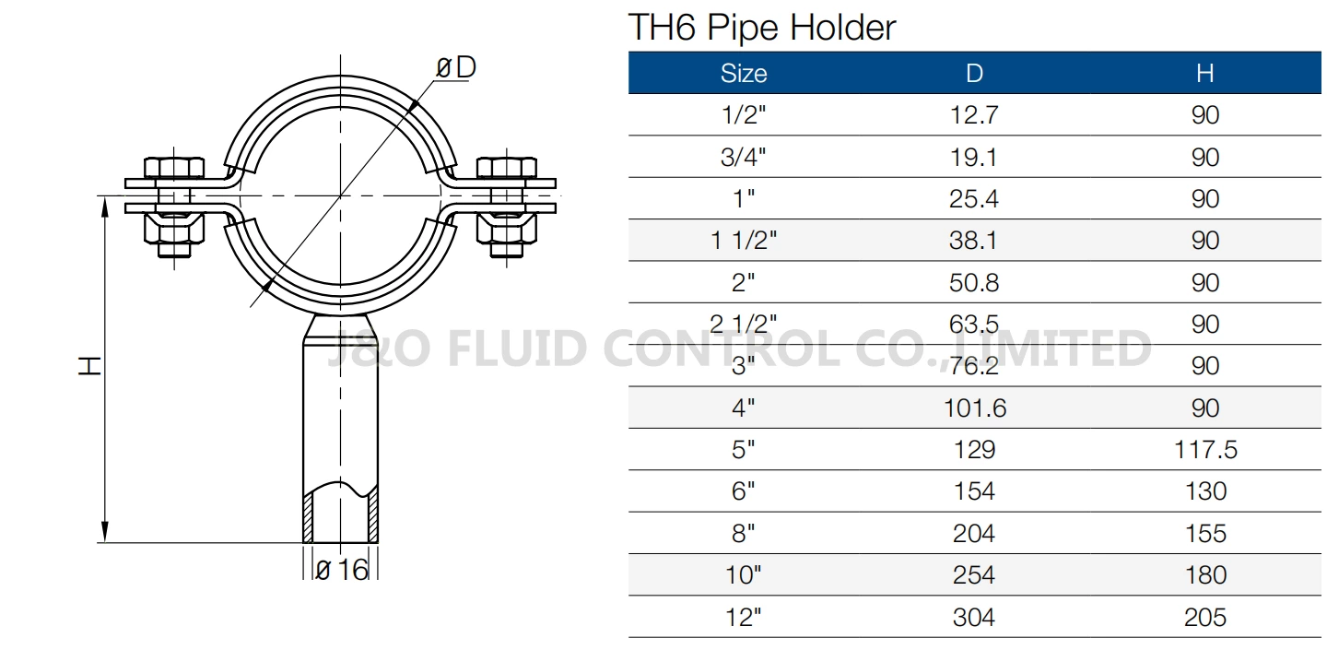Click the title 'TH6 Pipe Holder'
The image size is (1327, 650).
pyautogui.click(x=761, y=28)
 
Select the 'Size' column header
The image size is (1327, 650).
pyautogui.click(x=743, y=74)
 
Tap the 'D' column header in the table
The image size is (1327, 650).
pyautogui.click(x=974, y=74)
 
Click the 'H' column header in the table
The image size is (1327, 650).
pyautogui.click(x=1204, y=74)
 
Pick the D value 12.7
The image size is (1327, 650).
pyautogui.click(x=974, y=115)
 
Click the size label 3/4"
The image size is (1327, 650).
pyautogui.click(x=743, y=158)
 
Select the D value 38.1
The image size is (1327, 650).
pyautogui.click(x=974, y=242)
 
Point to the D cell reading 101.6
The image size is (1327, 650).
pyautogui.click(x=974, y=408)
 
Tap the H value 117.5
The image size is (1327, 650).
pyautogui.click(x=1204, y=450)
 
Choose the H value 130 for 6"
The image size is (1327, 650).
pyautogui.click(x=1204, y=491)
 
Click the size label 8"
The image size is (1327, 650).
pyautogui.click(x=743, y=534)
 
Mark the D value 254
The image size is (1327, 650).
pyautogui.click(x=974, y=575)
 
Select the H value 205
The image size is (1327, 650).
pyautogui.click(x=1204, y=617)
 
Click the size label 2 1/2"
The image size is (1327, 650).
pyautogui.click(x=743, y=325)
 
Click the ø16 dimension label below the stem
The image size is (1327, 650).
pyautogui.click(x=342, y=571)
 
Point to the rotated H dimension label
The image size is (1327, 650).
pyautogui.click(x=88, y=366)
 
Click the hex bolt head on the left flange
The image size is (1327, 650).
pyautogui.click(x=175, y=168)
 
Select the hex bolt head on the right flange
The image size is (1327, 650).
pyautogui.click(x=506, y=168)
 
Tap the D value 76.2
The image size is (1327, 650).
pyautogui.click(x=974, y=366)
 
